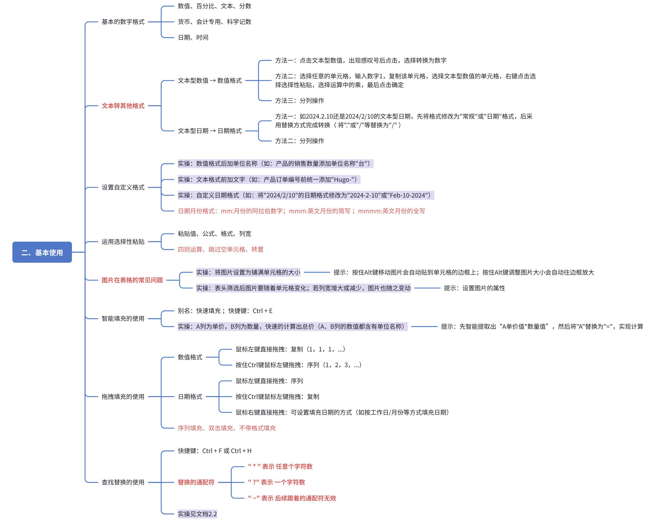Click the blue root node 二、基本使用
click(42, 252)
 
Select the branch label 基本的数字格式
click(123, 22)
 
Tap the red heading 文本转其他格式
click(123, 106)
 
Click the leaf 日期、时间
click(193, 37)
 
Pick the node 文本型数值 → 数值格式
click(210, 80)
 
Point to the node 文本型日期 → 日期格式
click(210, 131)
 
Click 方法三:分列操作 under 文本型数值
click(299, 100)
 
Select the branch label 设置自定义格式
click(123, 187)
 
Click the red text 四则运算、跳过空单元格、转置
click(220, 249)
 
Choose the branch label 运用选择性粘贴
click(123, 242)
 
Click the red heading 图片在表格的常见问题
click(132, 280)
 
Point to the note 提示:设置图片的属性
click(474, 288)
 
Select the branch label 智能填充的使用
click(123, 318)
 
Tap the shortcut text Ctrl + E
click(262, 311)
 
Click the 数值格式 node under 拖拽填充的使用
click(190, 357)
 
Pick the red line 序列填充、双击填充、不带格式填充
click(227, 428)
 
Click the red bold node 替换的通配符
click(196, 482)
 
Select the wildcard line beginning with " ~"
click(292, 498)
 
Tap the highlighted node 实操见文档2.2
click(197, 514)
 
